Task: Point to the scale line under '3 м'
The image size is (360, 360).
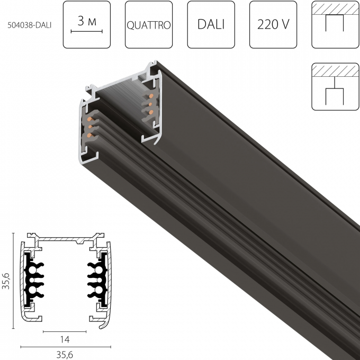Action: pyautogui.click(x=86, y=32)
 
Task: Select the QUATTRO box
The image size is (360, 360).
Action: pyautogui.click(x=148, y=25)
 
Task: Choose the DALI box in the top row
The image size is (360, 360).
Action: pyautogui.click(x=210, y=25)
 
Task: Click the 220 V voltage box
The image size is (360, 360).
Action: pyautogui.click(x=272, y=25)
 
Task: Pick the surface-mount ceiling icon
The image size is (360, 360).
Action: pyautogui.click(x=335, y=25)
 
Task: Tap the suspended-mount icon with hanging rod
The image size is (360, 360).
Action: pyautogui.click(x=335, y=87)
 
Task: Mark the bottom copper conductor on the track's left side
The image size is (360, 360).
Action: pyautogui.click(x=88, y=136)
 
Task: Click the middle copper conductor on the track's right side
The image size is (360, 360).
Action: pyautogui.click(x=150, y=104)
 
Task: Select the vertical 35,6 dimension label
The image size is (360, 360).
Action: pyautogui.click(x=6, y=280)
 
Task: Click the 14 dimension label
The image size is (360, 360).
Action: pyautogui.click(x=65, y=339)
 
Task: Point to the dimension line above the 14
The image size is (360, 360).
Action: pyautogui.click(x=65, y=331)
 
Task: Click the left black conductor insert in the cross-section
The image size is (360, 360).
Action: pyautogui.click(x=34, y=280)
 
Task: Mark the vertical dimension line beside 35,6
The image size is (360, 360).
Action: pyautogui.click(x=14, y=280)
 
